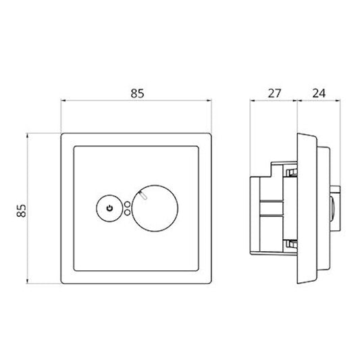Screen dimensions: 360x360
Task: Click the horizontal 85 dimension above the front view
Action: (137, 93)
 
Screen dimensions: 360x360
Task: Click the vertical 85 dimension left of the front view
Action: (22, 211)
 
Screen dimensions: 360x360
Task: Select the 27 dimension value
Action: (274, 93)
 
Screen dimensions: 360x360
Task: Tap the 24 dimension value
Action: (319, 93)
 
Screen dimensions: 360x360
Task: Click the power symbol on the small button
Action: (109, 209)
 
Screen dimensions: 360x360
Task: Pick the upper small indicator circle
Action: (127, 204)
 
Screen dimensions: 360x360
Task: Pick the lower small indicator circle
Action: (127, 213)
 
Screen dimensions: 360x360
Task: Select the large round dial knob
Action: (155, 208)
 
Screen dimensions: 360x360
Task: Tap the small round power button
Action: (109, 209)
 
